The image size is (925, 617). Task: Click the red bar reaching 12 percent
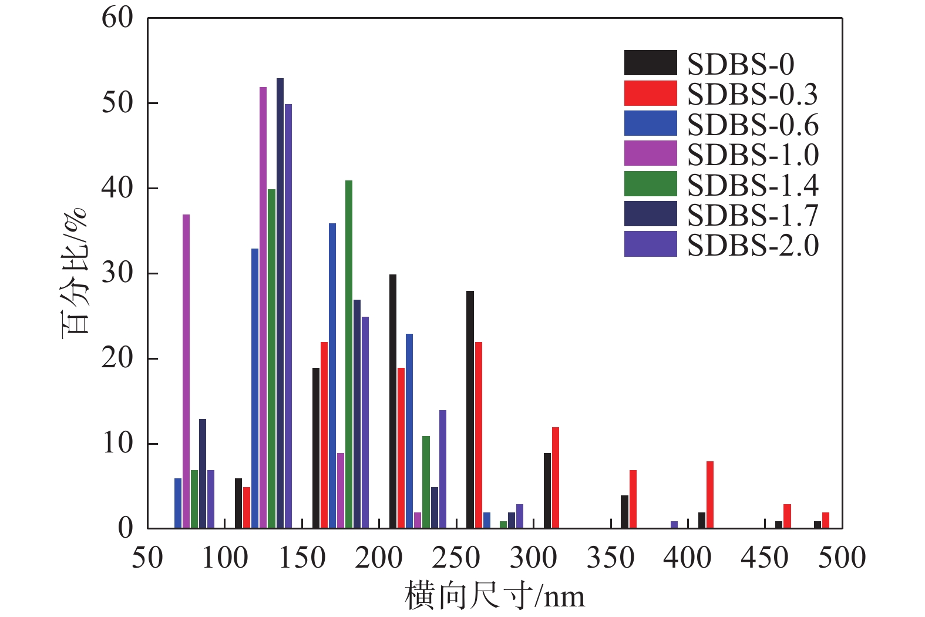click(556, 478)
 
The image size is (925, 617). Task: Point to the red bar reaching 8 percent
click(710, 495)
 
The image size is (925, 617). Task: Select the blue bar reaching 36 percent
click(332, 375)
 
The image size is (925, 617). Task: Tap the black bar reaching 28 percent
click(470, 410)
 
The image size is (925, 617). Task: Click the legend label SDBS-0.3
click(752, 94)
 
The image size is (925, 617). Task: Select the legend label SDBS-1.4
click(752, 185)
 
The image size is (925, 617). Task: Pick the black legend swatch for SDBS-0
click(650, 63)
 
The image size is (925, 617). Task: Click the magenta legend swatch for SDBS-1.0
click(650, 154)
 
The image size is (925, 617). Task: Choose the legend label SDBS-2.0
click(752, 245)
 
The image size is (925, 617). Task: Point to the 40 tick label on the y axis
click(117, 188)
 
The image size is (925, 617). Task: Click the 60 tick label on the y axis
click(117, 18)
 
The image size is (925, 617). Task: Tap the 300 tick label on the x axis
click(533, 558)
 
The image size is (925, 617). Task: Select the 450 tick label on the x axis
click(765, 558)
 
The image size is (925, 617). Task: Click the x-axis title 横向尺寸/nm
click(495, 596)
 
